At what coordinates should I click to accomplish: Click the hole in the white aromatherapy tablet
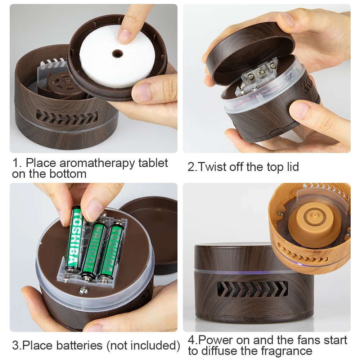[x=117, y=54]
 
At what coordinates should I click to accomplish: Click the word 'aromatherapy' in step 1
[x=97, y=163]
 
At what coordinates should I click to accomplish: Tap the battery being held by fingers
[x=75, y=239]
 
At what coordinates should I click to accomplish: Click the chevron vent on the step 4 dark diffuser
[x=252, y=289]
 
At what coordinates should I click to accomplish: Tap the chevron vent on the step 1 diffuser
[x=67, y=117]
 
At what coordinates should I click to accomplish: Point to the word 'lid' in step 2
[x=293, y=167]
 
